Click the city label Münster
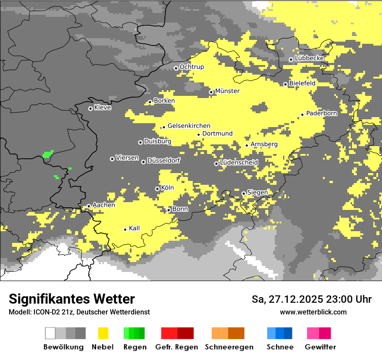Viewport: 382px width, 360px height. coord(227,91)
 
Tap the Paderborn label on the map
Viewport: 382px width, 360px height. coord(321,113)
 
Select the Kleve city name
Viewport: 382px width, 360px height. coord(102,108)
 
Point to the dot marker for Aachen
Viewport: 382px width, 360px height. coord(89,206)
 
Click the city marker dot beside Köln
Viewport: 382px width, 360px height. coord(157,189)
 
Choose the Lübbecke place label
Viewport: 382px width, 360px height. coord(309,58)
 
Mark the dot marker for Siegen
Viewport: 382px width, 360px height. coord(244,193)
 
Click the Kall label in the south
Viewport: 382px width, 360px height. coord(135,228)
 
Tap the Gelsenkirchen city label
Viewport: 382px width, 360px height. coord(189,126)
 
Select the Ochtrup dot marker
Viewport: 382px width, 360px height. coord(176,68)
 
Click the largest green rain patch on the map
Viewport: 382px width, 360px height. coord(48,154)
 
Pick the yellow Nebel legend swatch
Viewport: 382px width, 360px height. coord(103,333)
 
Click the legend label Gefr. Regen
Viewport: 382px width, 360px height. coord(177,347)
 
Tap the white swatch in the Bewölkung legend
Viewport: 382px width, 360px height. coord(50,333)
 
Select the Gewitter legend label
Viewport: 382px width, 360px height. coord(320,347)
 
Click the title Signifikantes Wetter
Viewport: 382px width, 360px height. coord(72,299)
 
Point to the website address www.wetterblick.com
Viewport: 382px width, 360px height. coord(313,312)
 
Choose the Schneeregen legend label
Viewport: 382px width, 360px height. coord(229,347)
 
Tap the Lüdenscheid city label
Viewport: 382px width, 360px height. coord(239,162)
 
